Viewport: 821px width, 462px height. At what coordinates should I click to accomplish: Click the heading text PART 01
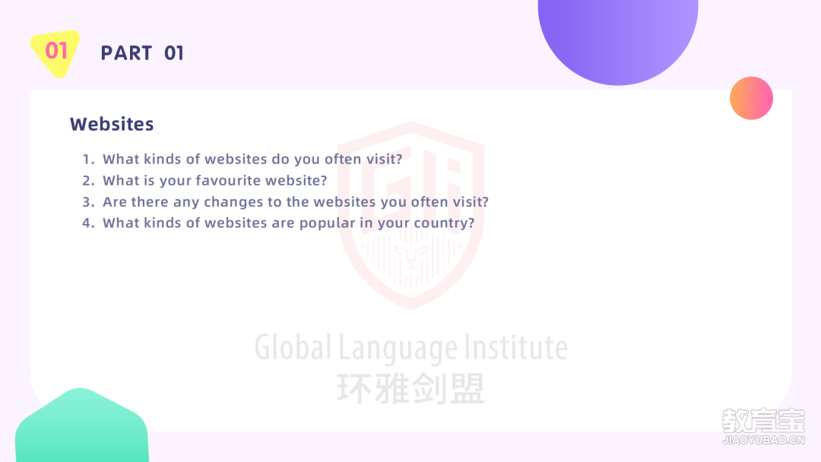142,53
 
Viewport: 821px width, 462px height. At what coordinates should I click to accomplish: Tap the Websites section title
112,124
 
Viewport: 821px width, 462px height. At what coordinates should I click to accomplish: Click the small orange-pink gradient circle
751,98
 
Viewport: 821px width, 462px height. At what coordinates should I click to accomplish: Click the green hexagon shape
81,426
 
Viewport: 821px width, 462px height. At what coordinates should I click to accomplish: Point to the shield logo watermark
411,215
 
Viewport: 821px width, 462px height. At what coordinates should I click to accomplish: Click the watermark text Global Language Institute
411,348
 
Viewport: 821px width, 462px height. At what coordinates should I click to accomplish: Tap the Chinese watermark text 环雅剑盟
411,389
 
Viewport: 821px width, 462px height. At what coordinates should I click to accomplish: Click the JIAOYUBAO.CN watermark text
763,440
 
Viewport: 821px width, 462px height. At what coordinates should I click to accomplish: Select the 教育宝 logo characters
763,420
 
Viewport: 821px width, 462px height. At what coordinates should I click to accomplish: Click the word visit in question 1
381,159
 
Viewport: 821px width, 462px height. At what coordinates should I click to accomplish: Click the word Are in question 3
115,202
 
